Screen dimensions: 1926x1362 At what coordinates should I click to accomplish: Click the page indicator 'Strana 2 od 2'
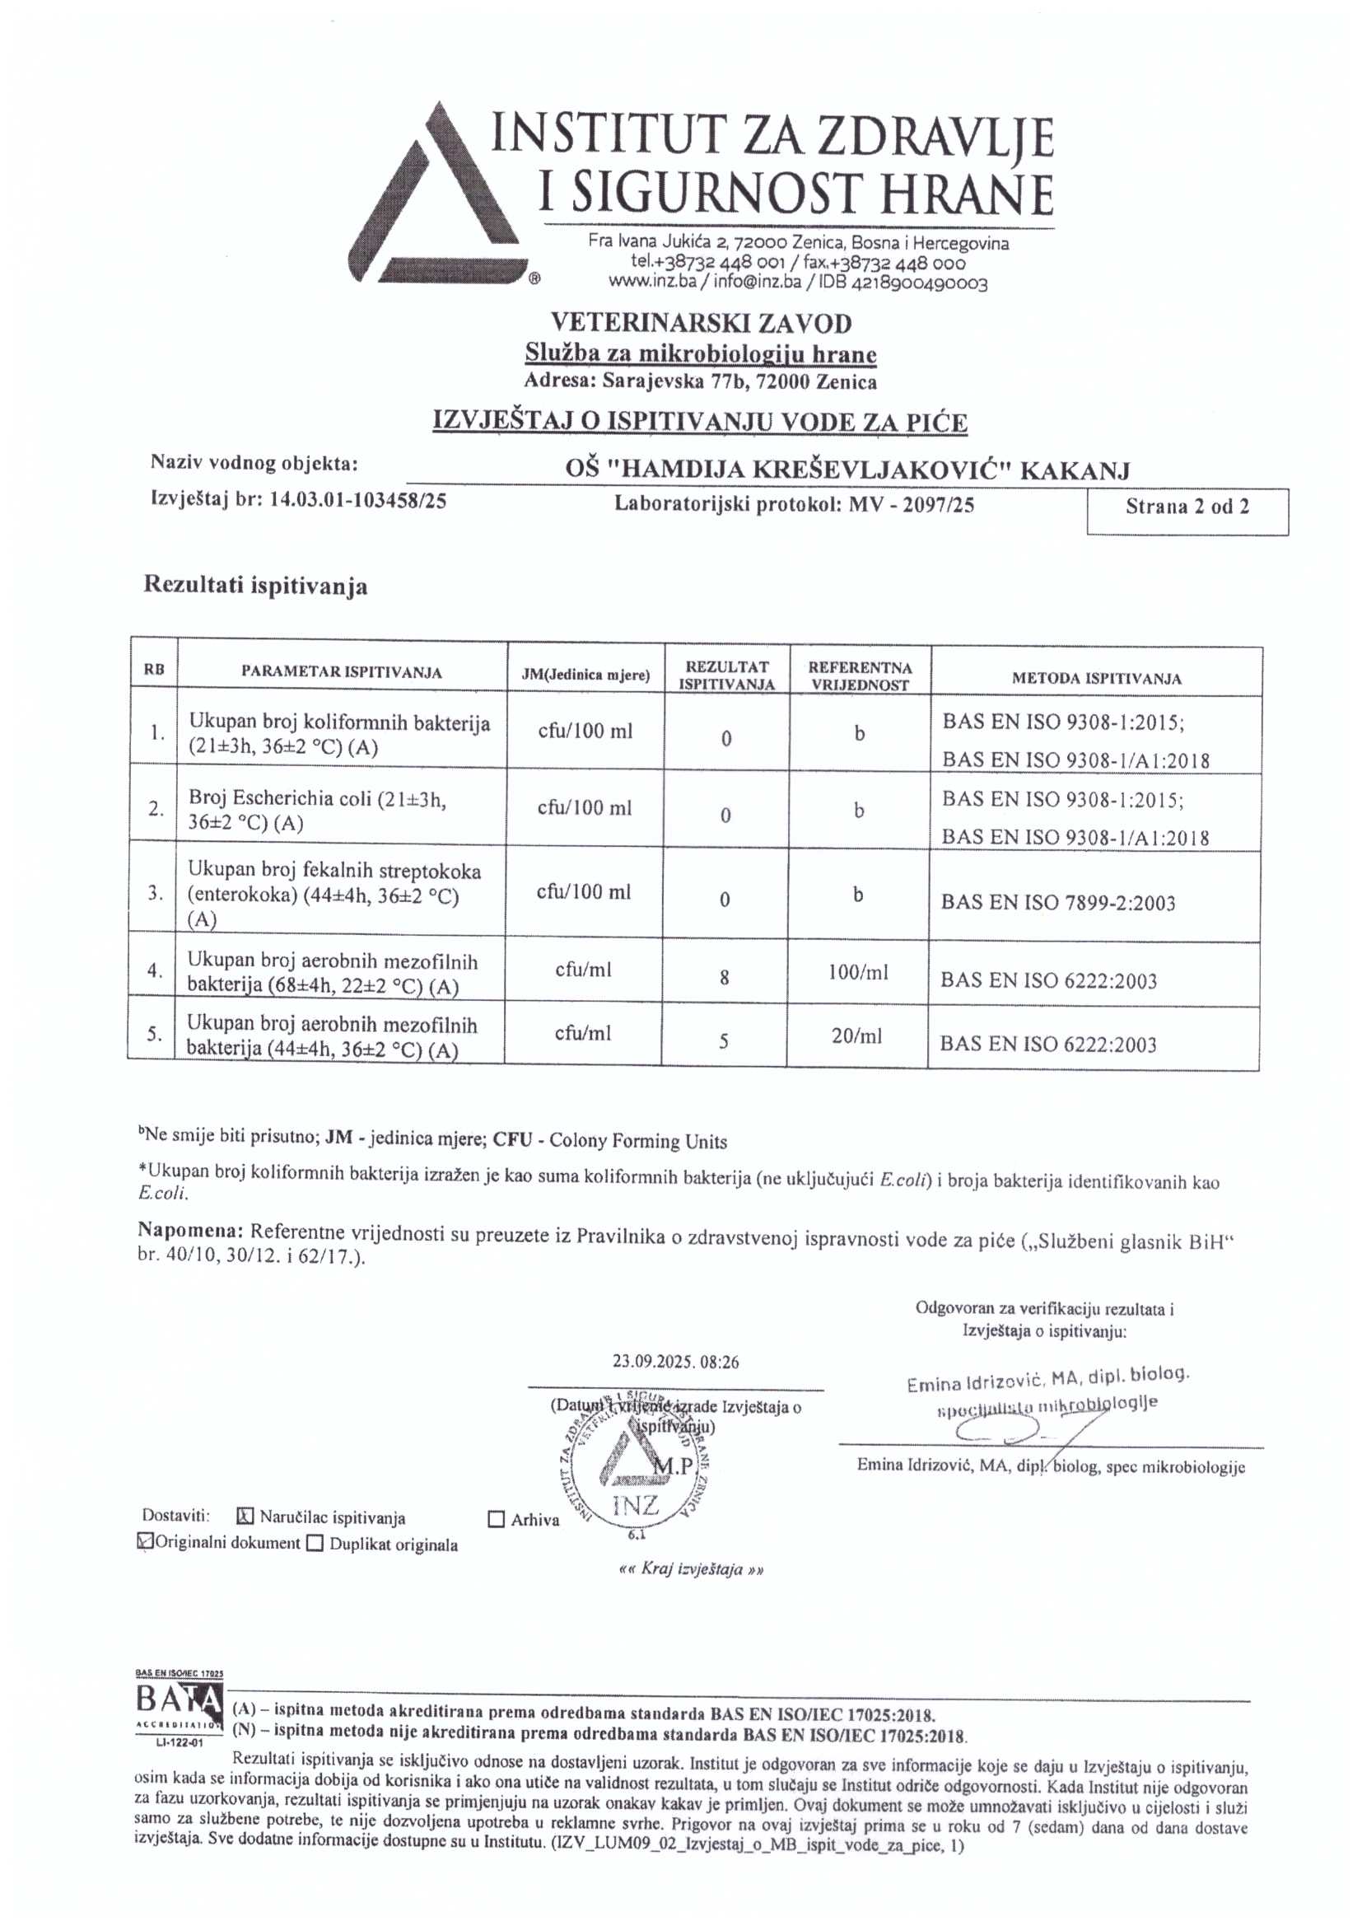tap(1186, 507)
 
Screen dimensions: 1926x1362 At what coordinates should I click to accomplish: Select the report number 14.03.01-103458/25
tap(358, 501)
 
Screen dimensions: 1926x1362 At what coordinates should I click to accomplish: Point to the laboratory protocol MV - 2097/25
tap(911, 504)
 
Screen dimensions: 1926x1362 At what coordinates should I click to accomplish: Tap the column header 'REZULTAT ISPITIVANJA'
tap(726, 676)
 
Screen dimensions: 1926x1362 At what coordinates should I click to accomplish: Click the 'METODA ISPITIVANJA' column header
tap(1096, 679)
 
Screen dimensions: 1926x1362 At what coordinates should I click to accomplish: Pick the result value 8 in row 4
tap(724, 977)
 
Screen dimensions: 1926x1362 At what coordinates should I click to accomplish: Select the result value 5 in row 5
tap(724, 1041)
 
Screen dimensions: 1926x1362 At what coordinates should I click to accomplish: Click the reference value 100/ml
tap(861, 973)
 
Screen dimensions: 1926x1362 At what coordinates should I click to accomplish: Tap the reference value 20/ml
tap(857, 1036)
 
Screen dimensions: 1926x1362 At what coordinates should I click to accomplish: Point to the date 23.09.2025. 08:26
tap(675, 1362)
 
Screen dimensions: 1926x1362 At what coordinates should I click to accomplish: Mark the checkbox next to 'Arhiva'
tap(497, 1519)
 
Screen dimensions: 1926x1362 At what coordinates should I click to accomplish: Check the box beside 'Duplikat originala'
tap(315, 1544)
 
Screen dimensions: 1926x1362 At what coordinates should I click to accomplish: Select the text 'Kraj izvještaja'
tap(691, 1569)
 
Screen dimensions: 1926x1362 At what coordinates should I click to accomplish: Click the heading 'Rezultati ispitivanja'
tap(255, 586)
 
